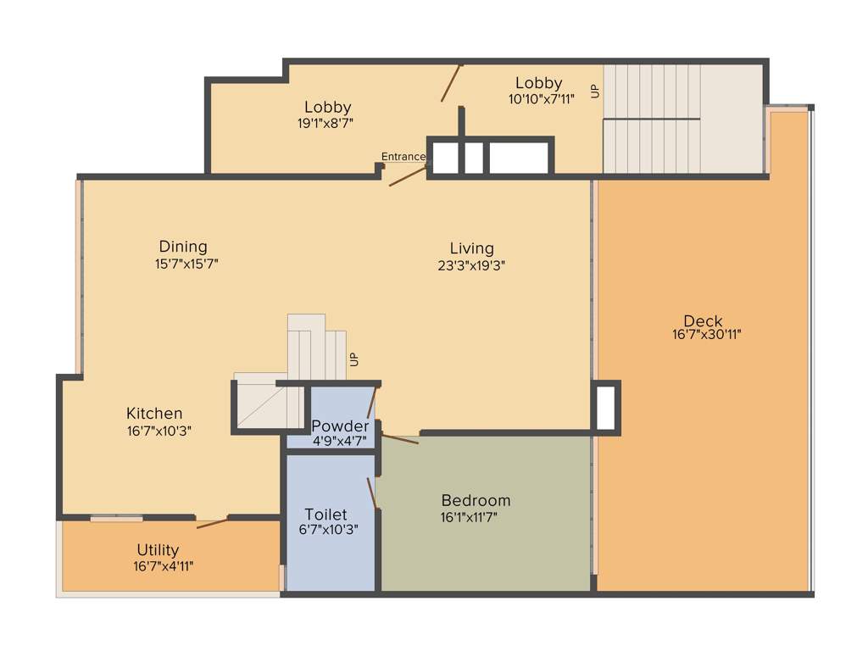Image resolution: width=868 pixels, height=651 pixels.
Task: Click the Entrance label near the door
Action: (x=403, y=157)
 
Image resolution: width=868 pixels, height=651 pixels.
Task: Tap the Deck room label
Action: (x=703, y=320)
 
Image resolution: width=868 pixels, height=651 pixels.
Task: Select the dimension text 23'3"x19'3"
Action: (x=471, y=264)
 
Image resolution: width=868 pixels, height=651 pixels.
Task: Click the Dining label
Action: (x=183, y=248)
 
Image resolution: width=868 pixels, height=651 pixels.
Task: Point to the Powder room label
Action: (x=340, y=426)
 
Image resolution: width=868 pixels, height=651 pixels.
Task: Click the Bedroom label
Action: (x=476, y=500)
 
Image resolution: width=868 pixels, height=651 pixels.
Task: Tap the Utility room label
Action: (x=158, y=550)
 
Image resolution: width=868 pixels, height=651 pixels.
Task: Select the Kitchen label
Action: (x=154, y=414)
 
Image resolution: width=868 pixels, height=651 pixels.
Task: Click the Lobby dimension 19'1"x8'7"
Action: (x=325, y=122)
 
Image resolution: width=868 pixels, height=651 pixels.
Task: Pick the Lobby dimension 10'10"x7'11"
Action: (x=541, y=98)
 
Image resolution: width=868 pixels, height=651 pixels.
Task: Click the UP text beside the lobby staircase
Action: (x=595, y=91)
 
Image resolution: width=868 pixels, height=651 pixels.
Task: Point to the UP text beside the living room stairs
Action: (x=353, y=359)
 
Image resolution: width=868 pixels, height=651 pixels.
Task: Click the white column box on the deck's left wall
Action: (x=605, y=409)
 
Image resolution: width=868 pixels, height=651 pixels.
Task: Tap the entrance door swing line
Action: (x=409, y=175)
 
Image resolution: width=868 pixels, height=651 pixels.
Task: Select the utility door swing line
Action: (x=212, y=522)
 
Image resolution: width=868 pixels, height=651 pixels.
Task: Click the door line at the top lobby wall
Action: (x=451, y=82)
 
